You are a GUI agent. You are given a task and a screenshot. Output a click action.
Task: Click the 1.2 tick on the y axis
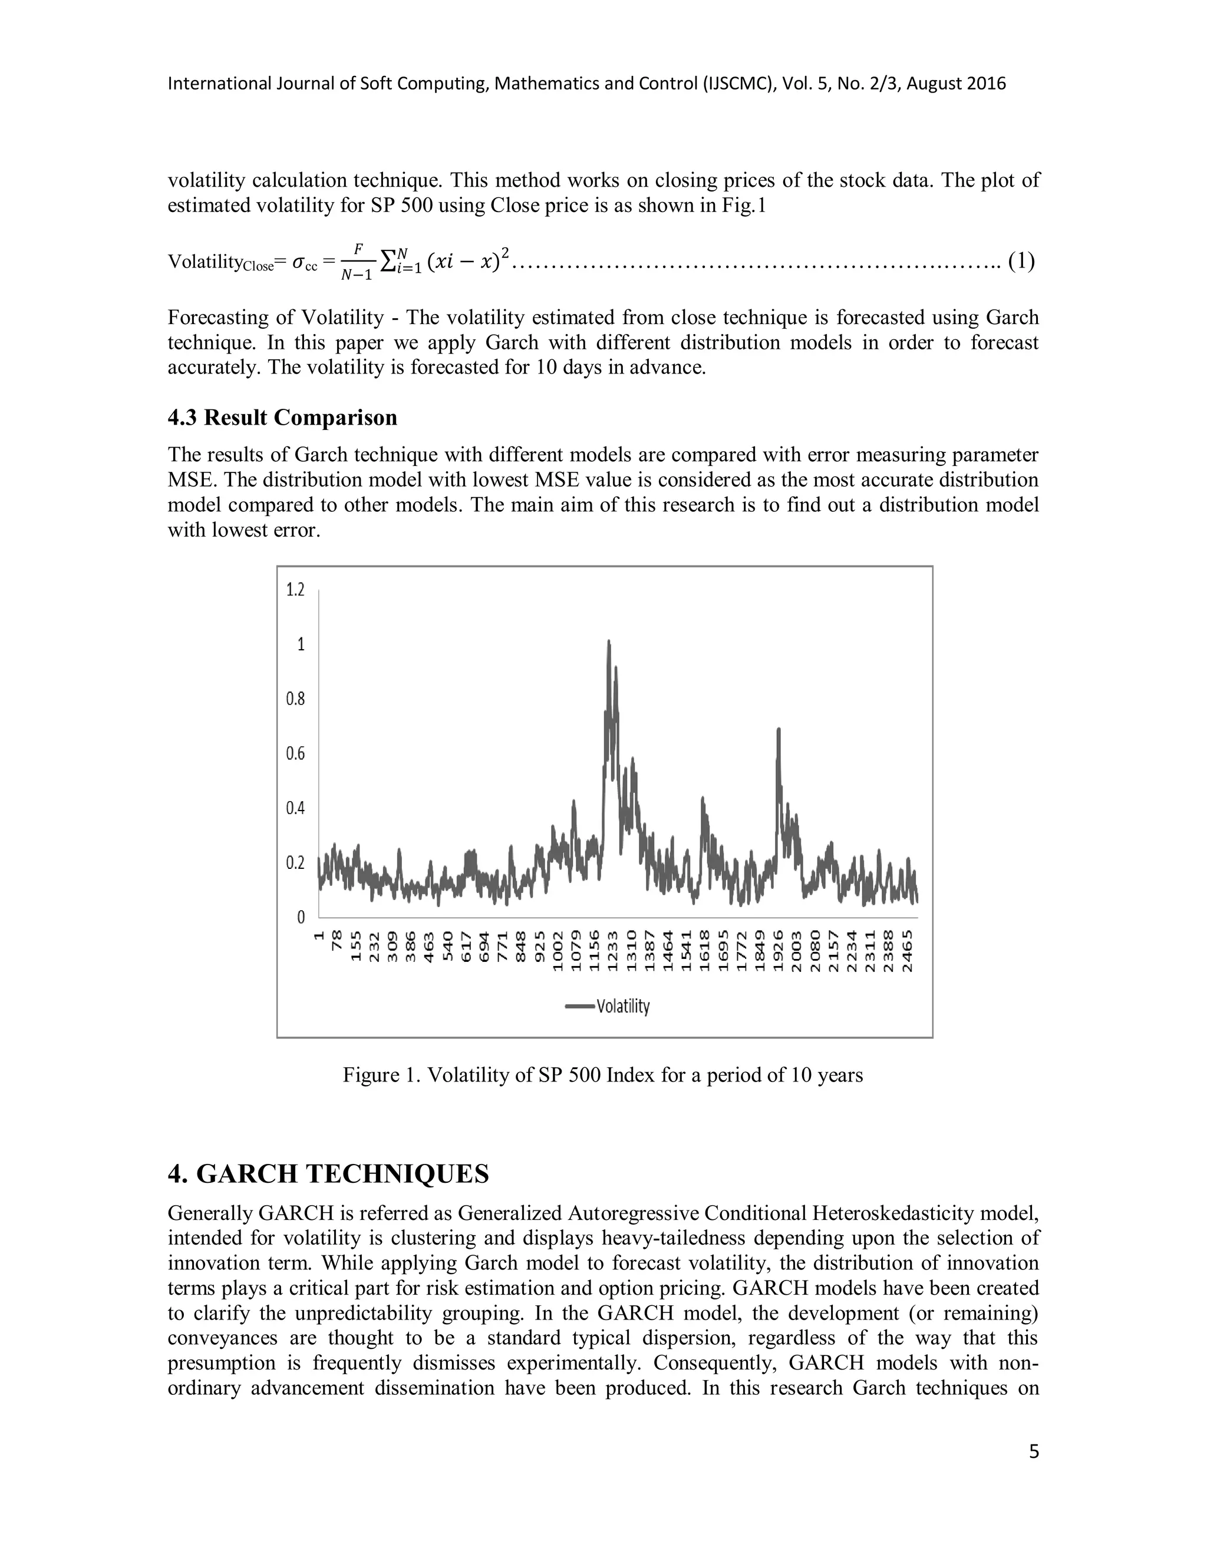pos(295,590)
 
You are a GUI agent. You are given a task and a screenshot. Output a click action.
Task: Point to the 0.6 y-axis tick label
pos(295,753)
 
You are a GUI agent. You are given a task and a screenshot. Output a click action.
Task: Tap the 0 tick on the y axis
pos(301,917)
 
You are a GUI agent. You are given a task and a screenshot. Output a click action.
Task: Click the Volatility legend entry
pos(608,1006)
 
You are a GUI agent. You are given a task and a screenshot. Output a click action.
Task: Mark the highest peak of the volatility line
pos(608,642)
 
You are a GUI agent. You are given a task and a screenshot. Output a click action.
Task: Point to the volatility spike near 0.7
pos(779,730)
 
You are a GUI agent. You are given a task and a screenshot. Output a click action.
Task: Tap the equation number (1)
pos(1021,262)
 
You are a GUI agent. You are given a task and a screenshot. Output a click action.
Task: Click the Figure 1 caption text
pos(602,1075)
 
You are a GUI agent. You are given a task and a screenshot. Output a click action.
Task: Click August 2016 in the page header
pos(958,84)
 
